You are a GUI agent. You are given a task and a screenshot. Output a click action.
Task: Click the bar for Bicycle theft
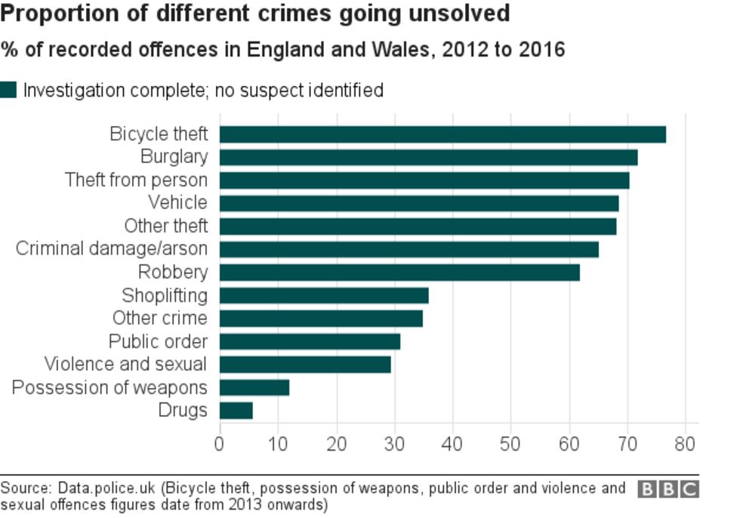[x=443, y=134]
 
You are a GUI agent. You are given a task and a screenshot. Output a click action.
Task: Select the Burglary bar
[x=428, y=157]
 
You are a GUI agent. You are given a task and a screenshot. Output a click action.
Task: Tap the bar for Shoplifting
[x=324, y=295]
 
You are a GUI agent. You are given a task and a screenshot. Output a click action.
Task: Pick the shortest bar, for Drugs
[x=236, y=410]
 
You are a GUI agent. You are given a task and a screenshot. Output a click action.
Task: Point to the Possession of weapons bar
[x=254, y=387]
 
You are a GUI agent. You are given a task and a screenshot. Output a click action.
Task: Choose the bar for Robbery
[x=399, y=272]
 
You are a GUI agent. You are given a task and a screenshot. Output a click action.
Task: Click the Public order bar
[x=310, y=341]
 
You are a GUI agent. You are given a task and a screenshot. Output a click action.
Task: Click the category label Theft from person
[x=136, y=180]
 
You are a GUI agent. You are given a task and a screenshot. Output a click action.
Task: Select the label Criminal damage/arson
[x=111, y=248]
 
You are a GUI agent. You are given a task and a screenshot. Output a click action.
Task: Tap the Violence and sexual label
[x=125, y=364]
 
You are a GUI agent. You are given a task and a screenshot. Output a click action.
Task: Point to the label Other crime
[x=159, y=318]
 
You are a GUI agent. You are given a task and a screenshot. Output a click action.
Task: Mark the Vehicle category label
[x=177, y=202]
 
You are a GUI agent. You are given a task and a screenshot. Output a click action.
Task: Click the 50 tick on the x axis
[x=510, y=442]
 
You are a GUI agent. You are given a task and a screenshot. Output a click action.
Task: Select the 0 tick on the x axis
[x=220, y=442]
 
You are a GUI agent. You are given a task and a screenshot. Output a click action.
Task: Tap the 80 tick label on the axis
[x=685, y=442]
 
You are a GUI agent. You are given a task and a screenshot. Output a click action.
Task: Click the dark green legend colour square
[x=8, y=91]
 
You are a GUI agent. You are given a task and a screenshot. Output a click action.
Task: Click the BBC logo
[x=668, y=489]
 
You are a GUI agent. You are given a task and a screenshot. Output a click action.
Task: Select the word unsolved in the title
[x=462, y=14]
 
